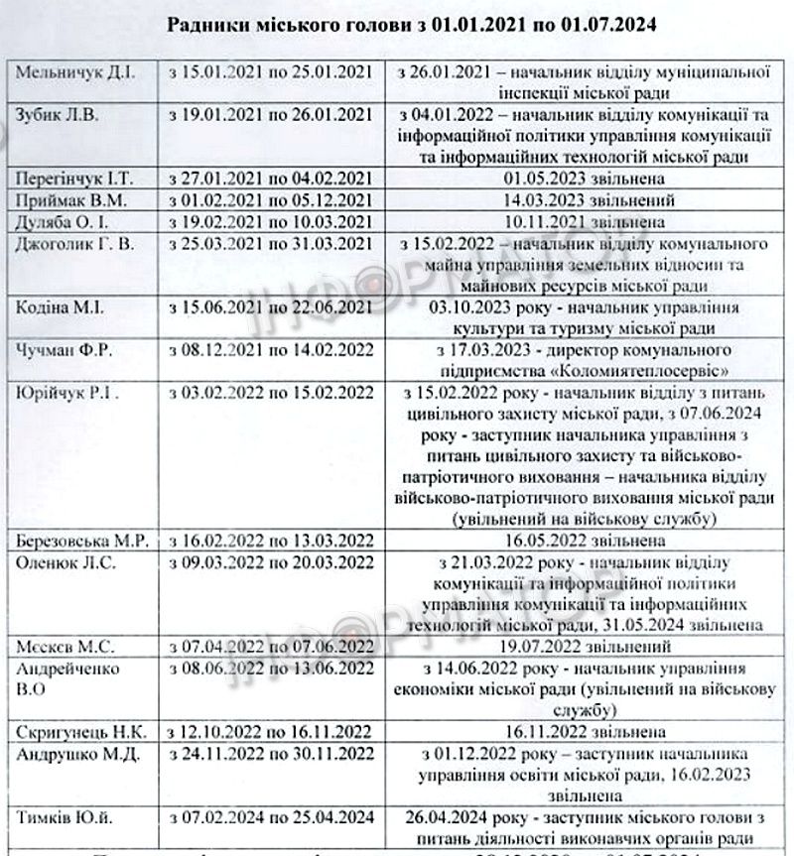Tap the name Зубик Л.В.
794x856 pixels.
[54, 113]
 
